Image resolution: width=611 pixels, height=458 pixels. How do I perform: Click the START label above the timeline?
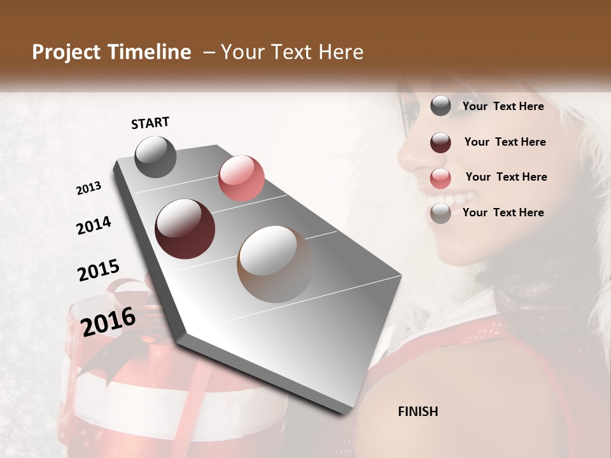tap(150, 123)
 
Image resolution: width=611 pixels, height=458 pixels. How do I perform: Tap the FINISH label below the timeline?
tap(418, 412)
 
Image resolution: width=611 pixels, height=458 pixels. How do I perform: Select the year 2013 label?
tap(88, 188)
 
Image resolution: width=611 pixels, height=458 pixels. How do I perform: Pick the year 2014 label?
tap(94, 226)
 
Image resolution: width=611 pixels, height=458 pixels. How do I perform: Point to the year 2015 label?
tap(99, 271)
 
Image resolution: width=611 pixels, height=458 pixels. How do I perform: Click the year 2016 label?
tap(108, 322)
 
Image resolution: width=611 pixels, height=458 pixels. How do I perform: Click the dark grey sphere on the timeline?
tap(155, 156)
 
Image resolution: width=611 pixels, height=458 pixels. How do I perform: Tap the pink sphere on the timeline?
tap(241, 177)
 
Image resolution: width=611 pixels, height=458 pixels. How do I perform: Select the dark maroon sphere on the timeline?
tap(185, 228)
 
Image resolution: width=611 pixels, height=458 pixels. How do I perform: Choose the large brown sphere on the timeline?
tap(275, 263)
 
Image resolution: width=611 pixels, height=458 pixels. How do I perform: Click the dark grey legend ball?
tap(440, 106)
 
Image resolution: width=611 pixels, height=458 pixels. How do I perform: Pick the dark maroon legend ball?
tap(440, 142)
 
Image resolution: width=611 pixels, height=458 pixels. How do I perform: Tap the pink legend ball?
tap(440, 178)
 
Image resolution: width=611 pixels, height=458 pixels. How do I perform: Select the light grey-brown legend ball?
tap(440, 213)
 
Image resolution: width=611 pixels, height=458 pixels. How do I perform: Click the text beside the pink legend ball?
tap(506, 177)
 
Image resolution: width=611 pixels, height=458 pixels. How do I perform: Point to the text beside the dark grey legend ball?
tap(503, 106)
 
